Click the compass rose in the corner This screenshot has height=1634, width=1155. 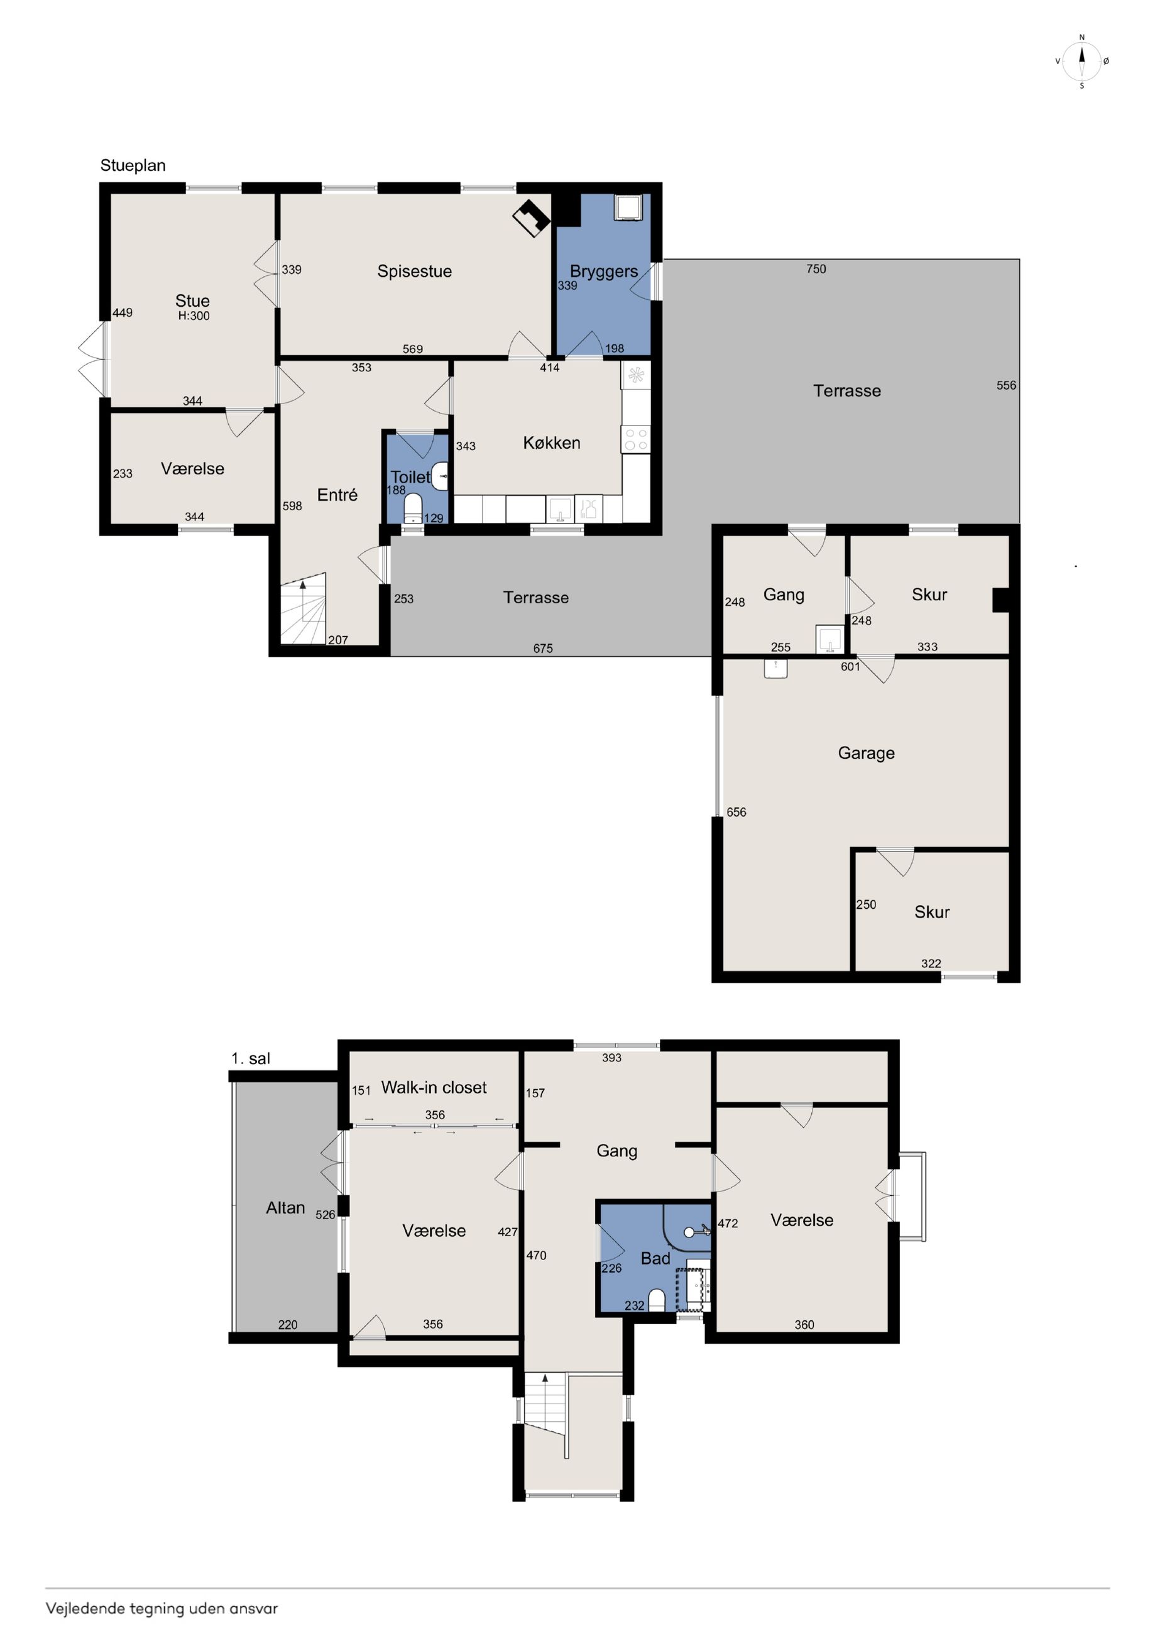(1081, 61)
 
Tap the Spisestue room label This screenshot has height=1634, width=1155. (414, 271)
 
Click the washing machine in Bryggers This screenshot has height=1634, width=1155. (628, 206)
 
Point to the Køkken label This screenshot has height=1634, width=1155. (552, 442)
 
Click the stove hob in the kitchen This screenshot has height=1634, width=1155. (635, 439)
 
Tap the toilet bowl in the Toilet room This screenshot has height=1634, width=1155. (413, 509)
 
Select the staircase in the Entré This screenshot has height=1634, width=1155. (303, 608)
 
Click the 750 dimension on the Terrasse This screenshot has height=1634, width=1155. (816, 269)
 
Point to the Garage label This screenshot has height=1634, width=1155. (866, 753)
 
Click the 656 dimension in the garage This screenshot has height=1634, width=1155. (736, 812)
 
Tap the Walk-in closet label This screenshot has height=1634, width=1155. (434, 1087)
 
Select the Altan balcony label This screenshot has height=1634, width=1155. (285, 1208)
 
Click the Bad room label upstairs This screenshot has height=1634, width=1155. (655, 1258)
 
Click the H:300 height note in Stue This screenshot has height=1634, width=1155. (194, 316)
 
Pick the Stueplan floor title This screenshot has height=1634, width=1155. (133, 166)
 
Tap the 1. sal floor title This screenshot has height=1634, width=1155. (251, 1058)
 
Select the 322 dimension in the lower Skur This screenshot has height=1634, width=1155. (931, 963)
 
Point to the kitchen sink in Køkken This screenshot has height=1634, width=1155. (560, 509)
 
